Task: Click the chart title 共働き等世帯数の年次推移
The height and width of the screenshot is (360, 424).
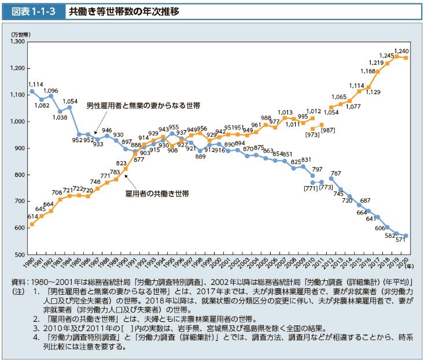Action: click(x=124, y=10)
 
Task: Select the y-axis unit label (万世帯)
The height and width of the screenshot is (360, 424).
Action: click(x=20, y=34)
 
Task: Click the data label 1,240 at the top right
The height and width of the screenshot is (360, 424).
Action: click(x=401, y=51)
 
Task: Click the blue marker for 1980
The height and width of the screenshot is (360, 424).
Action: click(x=32, y=91)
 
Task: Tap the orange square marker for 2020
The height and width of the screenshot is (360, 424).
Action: click(x=406, y=58)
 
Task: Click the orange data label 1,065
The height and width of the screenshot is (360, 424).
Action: click(x=339, y=97)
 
